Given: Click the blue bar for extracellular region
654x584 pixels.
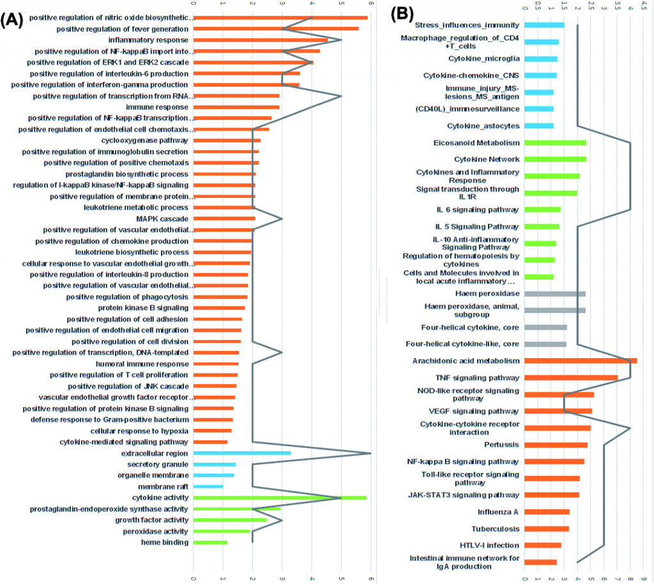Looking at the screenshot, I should pyautogui.click(x=242, y=453).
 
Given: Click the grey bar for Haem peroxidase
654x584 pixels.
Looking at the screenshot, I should pyautogui.click(x=555, y=294).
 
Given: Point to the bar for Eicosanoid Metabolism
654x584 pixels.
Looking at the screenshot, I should pyautogui.click(x=555, y=143).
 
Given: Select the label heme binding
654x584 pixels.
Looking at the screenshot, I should pyautogui.click(x=165, y=543).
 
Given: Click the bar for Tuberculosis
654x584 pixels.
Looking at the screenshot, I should pyautogui.click(x=547, y=528).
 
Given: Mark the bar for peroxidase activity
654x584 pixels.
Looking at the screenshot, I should pyautogui.click(x=222, y=531).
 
